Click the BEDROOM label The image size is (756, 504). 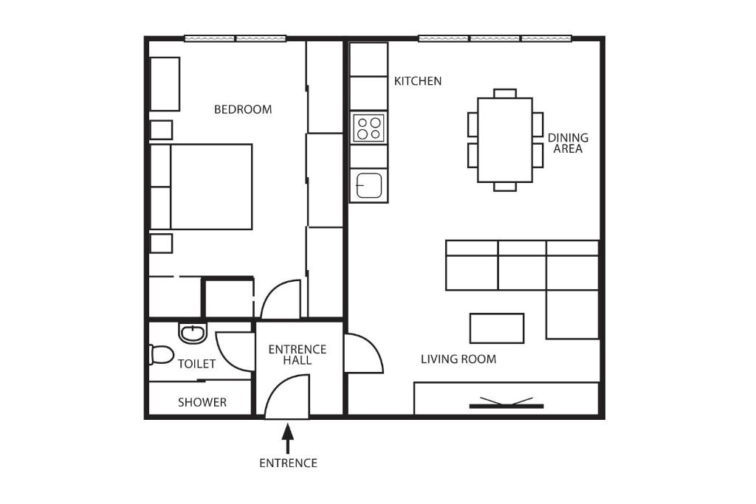pos(243,109)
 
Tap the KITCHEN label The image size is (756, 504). pos(418,81)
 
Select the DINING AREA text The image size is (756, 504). pos(568,143)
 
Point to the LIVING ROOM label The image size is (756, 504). pos(458,359)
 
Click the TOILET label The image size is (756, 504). pos(196,364)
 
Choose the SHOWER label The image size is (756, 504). pos(202,402)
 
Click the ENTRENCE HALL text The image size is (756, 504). pos(298,355)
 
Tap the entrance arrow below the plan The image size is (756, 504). pos(288,438)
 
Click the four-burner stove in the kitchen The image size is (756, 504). pos(369,127)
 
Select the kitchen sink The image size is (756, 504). pos(369,185)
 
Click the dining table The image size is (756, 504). pos(505,140)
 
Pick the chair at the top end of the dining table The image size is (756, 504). pos(505,93)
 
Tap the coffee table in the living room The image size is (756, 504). pos(497,328)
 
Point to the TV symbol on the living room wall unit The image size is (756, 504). pos(506,404)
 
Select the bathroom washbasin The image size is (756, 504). pos(193,333)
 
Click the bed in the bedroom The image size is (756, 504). pos(201,187)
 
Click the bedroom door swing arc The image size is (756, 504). pos(272,291)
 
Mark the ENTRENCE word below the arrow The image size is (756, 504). pos(289,463)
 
